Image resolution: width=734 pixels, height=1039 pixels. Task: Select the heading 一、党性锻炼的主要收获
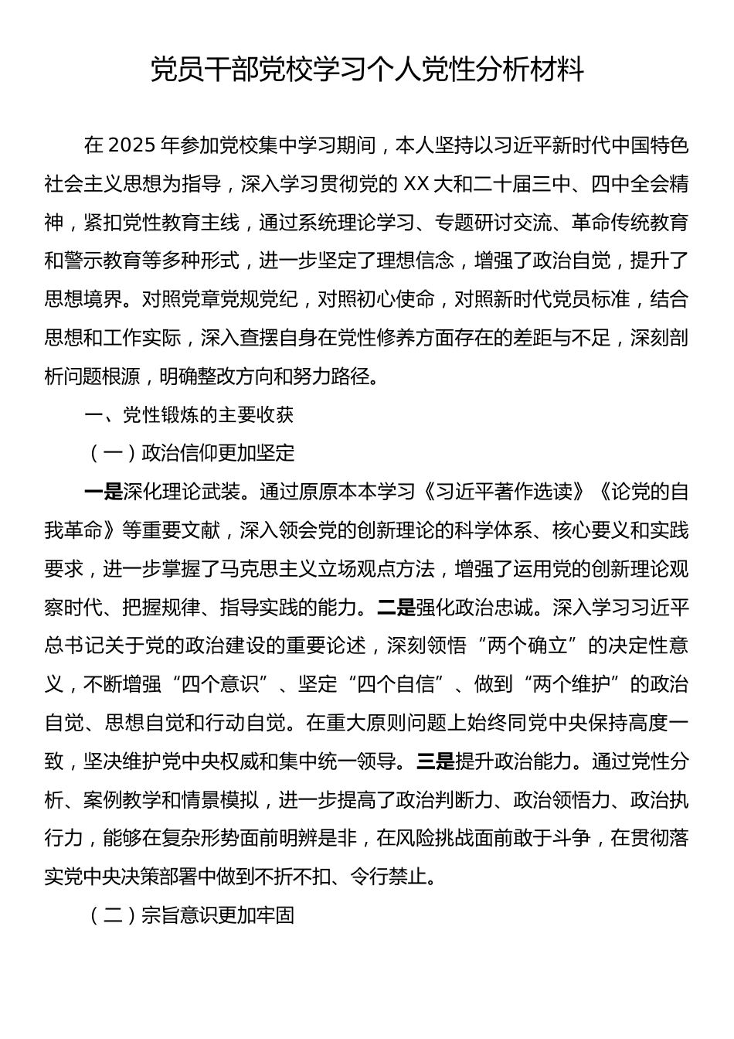(x=189, y=415)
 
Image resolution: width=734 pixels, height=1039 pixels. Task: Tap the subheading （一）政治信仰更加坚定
(x=190, y=453)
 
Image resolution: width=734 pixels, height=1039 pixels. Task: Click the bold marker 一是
(x=104, y=492)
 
